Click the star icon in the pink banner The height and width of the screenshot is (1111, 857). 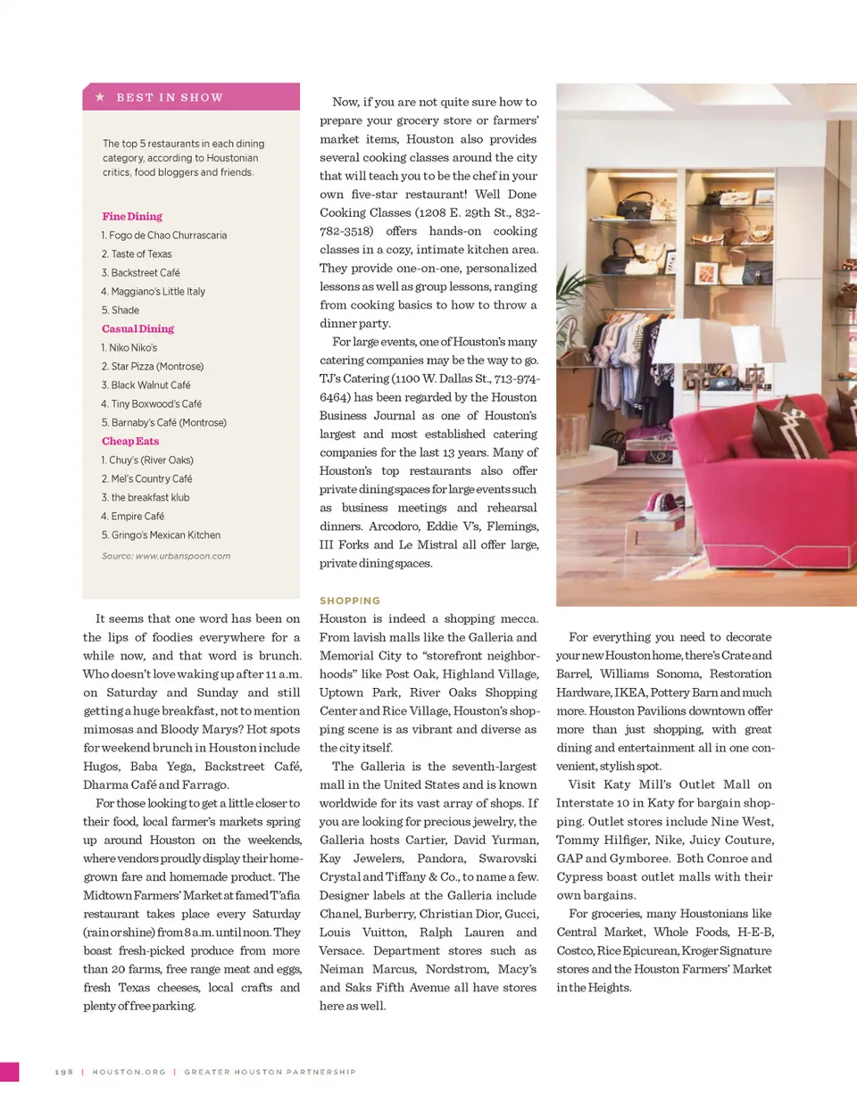click(x=100, y=96)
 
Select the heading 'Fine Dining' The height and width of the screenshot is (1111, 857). click(x=132, y=216)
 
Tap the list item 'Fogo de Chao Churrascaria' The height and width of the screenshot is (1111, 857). click(x=164, y=236)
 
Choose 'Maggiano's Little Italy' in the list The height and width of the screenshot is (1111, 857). click(x=153, y=292)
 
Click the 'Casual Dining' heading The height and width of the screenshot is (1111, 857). click(x=137, y=328)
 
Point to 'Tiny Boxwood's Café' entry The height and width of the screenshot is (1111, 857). click(x=152, y=404)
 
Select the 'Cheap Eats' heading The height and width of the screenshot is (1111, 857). click(x=130, y=441)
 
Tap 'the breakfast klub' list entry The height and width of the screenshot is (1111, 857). click(x=146, y=498)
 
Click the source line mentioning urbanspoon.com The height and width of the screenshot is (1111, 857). click(x=166, y=556)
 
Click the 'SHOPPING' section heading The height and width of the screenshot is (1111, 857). click(x=350, y=601)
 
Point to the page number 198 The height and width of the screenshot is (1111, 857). click(x=64, y=1072)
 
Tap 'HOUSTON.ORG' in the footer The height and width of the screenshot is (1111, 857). click(x=129, y=1072)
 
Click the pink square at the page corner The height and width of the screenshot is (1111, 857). click(x=9, y=1072)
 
